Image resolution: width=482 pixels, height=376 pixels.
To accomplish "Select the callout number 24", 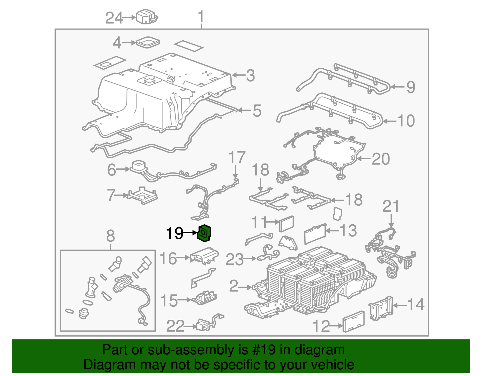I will coord(114,18).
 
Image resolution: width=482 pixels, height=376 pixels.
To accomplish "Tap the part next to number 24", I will coord(147,17).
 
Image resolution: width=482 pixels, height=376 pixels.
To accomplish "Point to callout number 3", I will coord(250,75).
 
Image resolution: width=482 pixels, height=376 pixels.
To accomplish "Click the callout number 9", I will coord(411,87).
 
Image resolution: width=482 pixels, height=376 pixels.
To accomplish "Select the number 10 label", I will coord(406,121).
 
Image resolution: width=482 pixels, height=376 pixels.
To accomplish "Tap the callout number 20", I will coord(381,159).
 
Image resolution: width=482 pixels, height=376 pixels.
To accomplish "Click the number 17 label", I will coord(237,157).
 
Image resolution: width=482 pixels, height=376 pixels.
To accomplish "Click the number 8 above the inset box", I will coord(111,236).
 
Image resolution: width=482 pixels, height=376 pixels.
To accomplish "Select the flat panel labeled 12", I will coord(354,322).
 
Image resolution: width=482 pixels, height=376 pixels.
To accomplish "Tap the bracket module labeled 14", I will coord(381,308).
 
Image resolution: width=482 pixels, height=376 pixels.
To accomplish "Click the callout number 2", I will coord(234,286).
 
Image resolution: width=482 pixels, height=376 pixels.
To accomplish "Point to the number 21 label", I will coord(391,207).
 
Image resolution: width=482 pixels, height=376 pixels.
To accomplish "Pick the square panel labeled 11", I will coord(287,224).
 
